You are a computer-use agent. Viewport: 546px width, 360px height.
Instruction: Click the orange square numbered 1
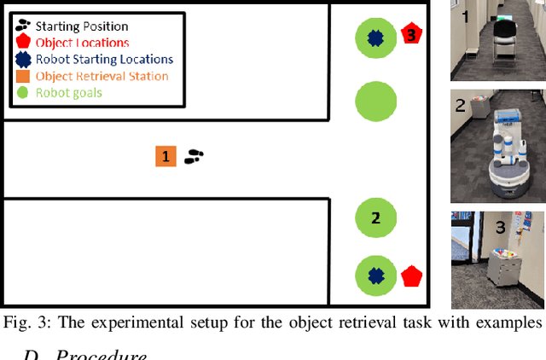[x=166, y=156]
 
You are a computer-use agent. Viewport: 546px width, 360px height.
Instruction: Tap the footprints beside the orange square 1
[x=195, y=156]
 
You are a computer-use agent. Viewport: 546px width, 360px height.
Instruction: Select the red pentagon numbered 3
[x=411, y=35]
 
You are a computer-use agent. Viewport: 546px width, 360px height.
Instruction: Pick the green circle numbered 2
[x=375, y=218]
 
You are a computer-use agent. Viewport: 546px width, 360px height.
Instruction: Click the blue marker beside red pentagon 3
[x=374, y=37]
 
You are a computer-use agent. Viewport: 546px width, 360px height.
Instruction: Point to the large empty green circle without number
[x=374, y=102]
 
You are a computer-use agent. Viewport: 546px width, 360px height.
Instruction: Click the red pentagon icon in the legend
[x=22, y=43]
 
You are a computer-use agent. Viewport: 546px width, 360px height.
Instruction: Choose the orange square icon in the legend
[x=23, y=76]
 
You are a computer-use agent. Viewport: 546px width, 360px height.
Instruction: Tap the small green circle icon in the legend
[x=23, y=92]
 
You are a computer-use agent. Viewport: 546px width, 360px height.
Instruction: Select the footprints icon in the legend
[x=22, y=26]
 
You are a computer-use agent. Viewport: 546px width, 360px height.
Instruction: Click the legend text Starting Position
[x=82, y=26]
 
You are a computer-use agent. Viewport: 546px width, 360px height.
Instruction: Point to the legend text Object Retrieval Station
[x=102, y=76]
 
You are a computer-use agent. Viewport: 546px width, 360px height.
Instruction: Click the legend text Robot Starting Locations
[x=104, y=60]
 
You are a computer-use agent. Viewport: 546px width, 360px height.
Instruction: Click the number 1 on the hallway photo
[x=464, y=15]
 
